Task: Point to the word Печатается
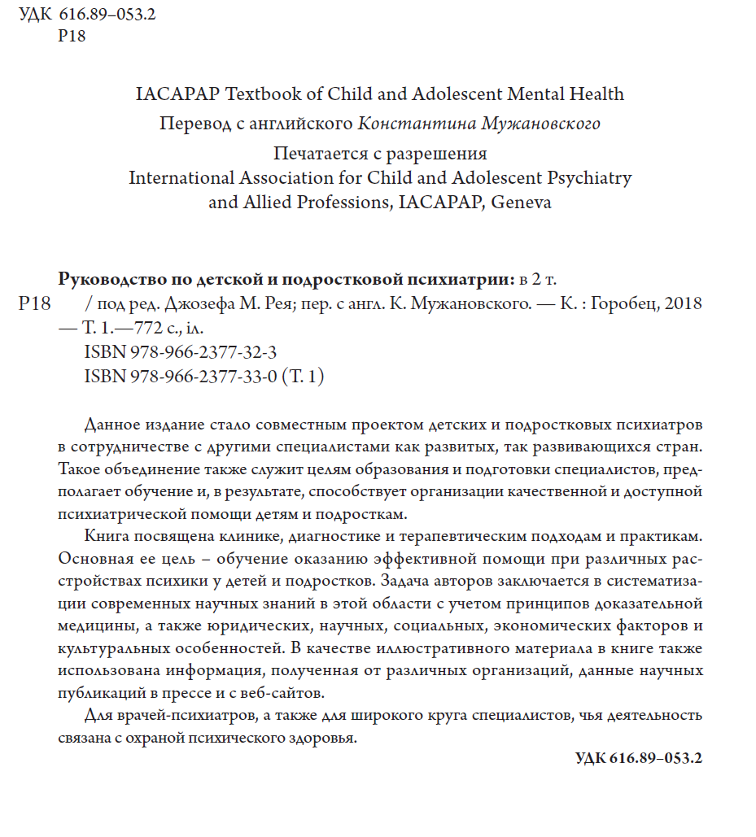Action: pyautogui.click(x=326, y=154)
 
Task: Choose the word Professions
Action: pyautogui.click(x=333, y=203)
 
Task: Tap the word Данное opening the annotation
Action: pyautogui.click(x=113, y=425)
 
